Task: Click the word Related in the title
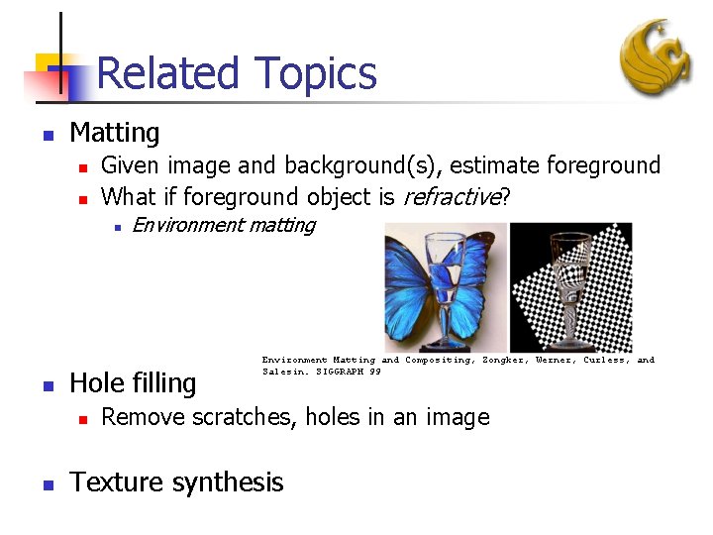pyautogui.click(x=168, y=74)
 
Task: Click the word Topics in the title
pyautogui.click(x=315, y=74)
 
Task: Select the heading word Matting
pyautogui.click(x=115, y=133)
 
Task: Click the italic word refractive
pyautogui.click(x=450, y=197)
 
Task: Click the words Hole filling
pyautogui.click(x=133, y=382)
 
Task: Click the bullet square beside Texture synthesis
pyautogui.click(x=46, y=483)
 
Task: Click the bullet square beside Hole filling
pyautogui.click(x=46, y=383)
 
